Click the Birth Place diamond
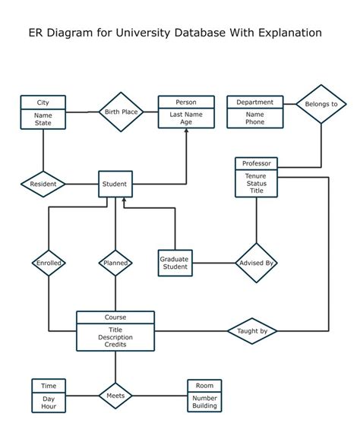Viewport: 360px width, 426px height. (121, 112)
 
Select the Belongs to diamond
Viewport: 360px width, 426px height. (321, 103)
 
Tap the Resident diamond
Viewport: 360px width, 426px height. (43, 184)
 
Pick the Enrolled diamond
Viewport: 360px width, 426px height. (49, 263)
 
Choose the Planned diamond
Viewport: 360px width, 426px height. (115, 263)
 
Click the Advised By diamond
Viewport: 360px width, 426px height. (256, 263)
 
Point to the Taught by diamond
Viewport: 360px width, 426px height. (252, 331)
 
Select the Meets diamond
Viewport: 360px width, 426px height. (115, 396)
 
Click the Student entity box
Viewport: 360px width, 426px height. (115, 184)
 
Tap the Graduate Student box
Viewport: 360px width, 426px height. (174, 263)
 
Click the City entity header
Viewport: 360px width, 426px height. (43, 103)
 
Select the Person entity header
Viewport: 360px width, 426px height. (186, 103)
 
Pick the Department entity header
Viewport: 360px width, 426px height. (255, 103)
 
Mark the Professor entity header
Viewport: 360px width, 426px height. (256, 163)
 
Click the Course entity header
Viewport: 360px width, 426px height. (115, 317)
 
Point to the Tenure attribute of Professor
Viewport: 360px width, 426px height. (256, 175)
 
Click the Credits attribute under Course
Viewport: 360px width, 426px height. (115, 345)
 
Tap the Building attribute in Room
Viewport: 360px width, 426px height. (205, 406)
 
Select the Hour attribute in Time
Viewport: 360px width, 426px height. (49, 406)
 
